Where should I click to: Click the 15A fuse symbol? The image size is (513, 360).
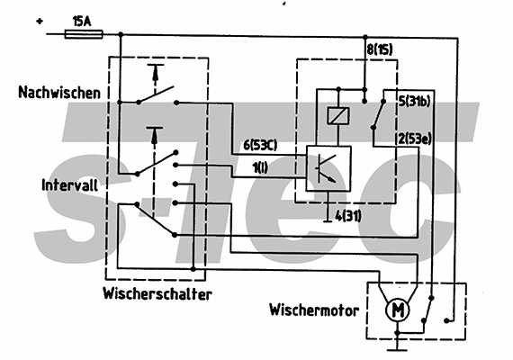tap(84, 34)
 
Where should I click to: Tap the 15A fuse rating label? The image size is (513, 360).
tap(82, 22)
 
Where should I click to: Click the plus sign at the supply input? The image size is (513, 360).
tap(40, 22)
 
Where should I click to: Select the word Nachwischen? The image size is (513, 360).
tap(59, 93)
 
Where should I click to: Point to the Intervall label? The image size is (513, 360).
tap(69, 185)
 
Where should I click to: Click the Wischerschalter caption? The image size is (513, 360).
tap(157, 293)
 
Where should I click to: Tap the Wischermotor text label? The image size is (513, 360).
tap(314, 310)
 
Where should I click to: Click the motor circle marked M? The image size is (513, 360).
tap(398, 310)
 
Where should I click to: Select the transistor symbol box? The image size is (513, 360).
tap(328, 168)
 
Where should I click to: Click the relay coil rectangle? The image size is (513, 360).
tap(338, 116)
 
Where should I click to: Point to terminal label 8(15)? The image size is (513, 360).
tap(380, 50)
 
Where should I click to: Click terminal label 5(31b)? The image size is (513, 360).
tap(414, 102)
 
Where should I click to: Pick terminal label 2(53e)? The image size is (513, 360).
tap(415, 139)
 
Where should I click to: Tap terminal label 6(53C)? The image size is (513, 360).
tap(260, 145)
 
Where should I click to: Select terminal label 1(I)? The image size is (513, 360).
tap(260, 168)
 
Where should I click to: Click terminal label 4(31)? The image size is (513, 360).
tap(348, 216)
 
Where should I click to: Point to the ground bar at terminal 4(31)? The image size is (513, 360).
tap(328, 221)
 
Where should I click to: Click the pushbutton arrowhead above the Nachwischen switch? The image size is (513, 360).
tap(156, 74)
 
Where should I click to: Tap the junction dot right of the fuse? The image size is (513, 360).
tap(121, 34)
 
